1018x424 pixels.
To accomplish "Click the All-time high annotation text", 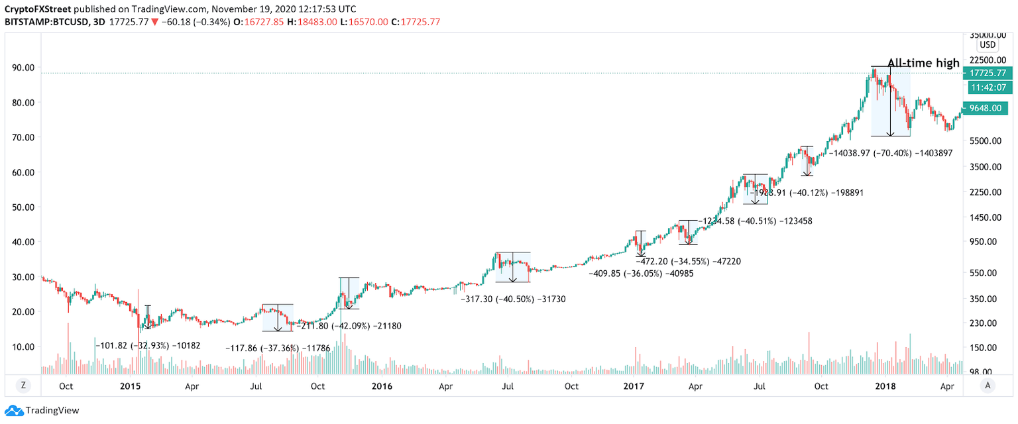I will [923, 64].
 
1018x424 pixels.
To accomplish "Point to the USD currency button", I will [988, 45].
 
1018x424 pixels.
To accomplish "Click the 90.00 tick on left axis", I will [24, 68].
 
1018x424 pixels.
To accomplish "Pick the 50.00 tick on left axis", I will [24, 207].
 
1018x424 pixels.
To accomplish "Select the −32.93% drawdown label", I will [148, 346].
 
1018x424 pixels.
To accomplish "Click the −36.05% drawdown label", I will [641, 273].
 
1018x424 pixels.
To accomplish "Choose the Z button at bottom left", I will [23, 386].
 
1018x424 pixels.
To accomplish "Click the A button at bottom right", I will [988, 386].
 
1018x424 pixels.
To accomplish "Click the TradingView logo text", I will [52, 411].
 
